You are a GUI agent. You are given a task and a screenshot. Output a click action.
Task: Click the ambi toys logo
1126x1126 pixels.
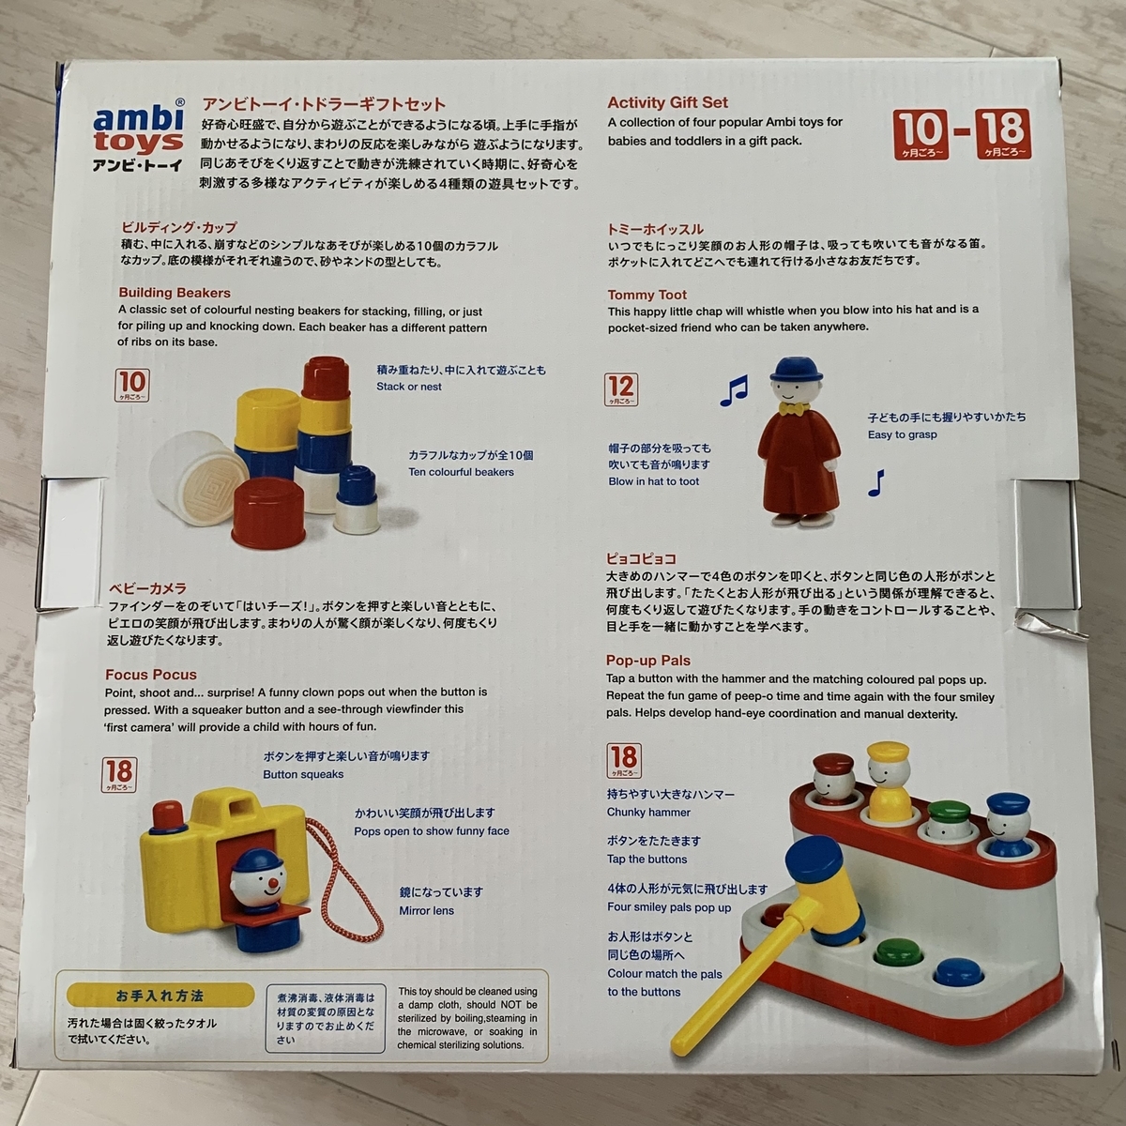139,135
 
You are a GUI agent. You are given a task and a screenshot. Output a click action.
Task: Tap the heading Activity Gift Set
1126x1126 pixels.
667,102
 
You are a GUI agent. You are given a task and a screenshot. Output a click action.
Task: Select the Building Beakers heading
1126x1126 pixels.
175,293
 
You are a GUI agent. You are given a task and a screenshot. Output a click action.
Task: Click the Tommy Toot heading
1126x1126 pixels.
647,295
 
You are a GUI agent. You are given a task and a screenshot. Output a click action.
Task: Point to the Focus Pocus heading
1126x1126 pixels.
151,675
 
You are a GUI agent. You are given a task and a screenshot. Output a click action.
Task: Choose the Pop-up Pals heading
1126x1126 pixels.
648,661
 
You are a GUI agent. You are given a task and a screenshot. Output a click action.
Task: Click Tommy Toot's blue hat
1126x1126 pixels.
791,370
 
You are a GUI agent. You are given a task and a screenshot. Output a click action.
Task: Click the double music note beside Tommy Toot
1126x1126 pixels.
734,390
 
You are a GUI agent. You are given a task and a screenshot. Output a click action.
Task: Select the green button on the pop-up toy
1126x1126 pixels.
898,951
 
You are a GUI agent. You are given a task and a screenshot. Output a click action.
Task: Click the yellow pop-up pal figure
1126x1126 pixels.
889,781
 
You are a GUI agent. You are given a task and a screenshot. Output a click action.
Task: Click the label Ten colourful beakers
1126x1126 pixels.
461,472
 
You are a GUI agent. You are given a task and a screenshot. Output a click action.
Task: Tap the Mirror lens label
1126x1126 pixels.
427,910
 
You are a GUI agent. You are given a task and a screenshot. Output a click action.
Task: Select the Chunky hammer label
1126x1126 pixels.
648,813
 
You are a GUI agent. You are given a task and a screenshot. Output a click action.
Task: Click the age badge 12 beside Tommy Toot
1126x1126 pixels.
620,389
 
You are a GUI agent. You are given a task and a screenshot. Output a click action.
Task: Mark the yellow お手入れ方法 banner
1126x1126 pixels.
160,996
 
